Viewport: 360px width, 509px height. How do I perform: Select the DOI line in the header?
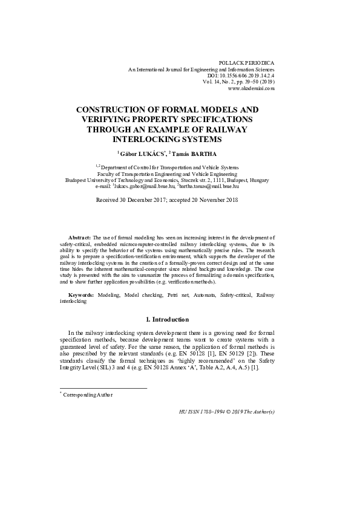click(x=240, y=76)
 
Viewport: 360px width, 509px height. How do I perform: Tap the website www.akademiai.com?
click(x=251, y=88)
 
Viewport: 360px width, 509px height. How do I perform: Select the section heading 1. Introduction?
click(x=168, y=319)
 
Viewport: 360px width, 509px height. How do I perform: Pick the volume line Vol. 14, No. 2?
click(x=239, y=82)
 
